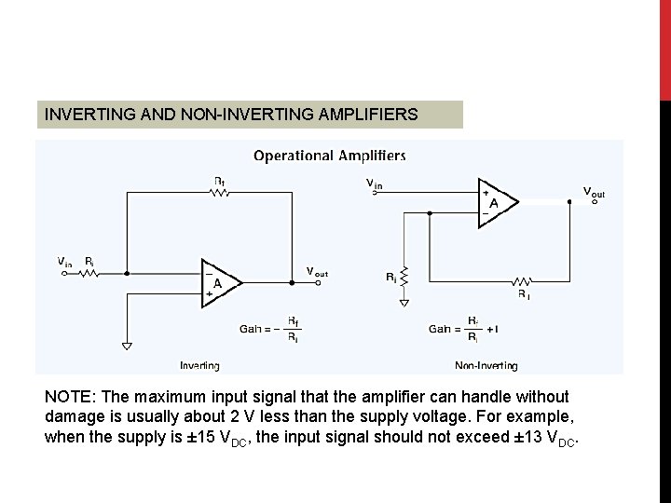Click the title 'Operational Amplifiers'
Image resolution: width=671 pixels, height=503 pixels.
330,156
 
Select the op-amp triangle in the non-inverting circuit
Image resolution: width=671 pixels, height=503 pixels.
494,200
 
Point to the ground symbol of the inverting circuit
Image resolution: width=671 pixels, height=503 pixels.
127,347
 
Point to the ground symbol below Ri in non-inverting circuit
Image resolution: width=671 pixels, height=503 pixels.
404,302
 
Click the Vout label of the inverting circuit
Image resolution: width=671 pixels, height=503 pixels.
317,272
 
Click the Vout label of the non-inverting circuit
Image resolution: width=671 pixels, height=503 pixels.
594,192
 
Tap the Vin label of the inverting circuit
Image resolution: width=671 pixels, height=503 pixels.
63,263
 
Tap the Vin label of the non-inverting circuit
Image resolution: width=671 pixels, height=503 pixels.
374,184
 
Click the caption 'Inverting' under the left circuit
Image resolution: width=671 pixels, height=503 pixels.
199,365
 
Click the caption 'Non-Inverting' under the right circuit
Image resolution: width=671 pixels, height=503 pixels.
486,365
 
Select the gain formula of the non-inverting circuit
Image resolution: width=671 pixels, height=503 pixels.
464,328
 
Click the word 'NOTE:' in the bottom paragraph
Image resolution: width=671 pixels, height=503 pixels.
71,397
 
